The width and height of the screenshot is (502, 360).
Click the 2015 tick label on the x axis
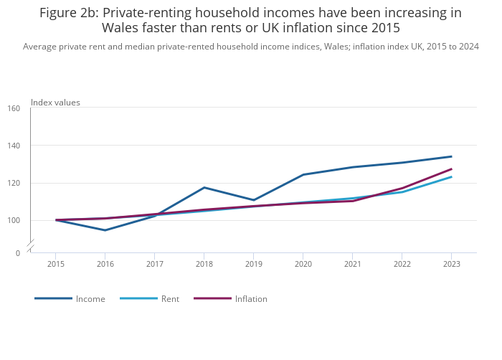coord(56,264)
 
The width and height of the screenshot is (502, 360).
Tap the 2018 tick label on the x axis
coord(204,264)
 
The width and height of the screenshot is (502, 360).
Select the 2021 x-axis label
coord(352,264)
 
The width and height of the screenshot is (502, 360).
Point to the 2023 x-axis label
coord(451,264)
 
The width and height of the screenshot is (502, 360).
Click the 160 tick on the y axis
coord(14,108)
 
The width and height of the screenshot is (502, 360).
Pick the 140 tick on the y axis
coord(14,146)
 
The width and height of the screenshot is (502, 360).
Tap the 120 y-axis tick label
coord(14,183)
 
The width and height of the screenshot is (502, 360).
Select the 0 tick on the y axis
coord(18,253)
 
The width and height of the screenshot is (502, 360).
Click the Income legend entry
coord(90,299)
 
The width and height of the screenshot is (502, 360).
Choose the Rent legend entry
coord(170,299)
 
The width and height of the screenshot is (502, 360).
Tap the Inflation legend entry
coord(251,299)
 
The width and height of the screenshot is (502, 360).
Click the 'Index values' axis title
coord(55,103)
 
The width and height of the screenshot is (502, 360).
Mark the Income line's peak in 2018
coord(204,188)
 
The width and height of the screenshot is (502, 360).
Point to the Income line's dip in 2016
coord(105,230)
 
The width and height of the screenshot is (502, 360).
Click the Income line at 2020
coord(303,175)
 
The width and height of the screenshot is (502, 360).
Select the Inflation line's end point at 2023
coord(451,169)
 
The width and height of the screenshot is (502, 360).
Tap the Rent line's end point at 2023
coord(451,176)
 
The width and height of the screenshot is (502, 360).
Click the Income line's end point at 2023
coord(451,156)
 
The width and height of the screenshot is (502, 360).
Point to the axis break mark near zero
coord(30,247)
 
